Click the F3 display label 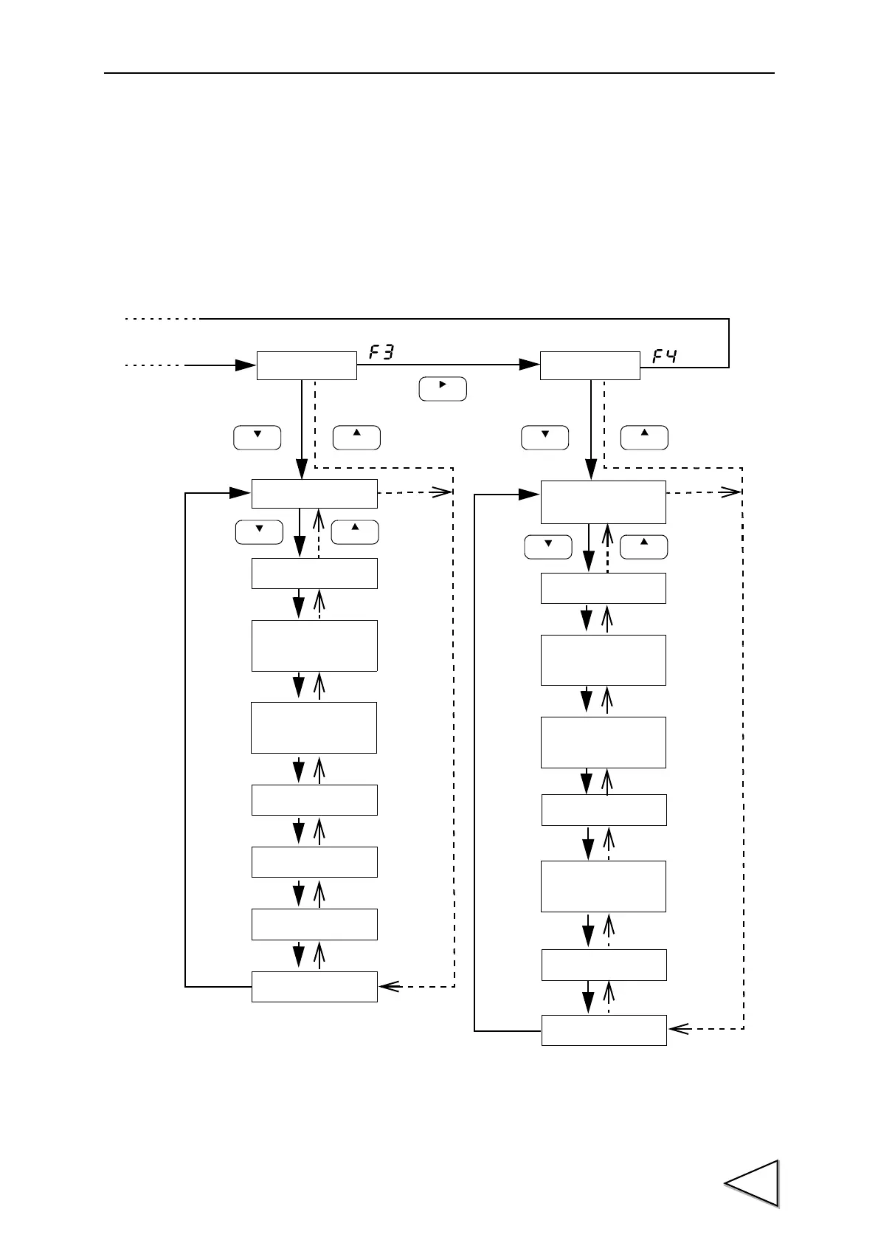381,354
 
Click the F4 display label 665,357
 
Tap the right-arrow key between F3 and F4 443,389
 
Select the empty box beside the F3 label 306,365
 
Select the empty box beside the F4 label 590,365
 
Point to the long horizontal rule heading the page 439,73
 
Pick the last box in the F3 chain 314,986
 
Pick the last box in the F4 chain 604,1030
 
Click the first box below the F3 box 314,493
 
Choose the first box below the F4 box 604,502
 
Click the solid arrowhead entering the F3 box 246,365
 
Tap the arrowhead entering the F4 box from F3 530,365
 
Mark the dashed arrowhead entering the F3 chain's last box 389,986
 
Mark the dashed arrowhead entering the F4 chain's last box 678,1028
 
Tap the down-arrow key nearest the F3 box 257,437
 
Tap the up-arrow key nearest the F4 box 644,437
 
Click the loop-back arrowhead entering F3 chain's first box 241,492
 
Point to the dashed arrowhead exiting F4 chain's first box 731,492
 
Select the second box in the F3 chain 314,573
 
